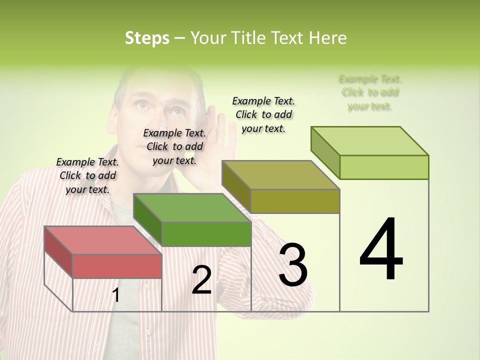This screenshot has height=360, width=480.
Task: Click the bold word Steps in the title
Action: pos(147,38)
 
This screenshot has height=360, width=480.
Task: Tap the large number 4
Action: pos(381,249)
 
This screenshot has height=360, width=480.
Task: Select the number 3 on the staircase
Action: pos(293,264)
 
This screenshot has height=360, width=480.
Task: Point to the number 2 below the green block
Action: pos(201,280)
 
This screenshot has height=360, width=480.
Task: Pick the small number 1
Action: pos(116,295)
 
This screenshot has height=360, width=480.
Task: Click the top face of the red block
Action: pos(103,240)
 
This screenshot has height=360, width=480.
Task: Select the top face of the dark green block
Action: pos(192,207)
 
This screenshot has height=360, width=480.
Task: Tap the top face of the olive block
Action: pos(281,175)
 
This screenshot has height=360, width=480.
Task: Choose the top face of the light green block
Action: pos(370,141)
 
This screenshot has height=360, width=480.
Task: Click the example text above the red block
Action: pos(87,175)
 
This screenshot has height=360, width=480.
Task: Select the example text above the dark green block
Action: pos(174,146)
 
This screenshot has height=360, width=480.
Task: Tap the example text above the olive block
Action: pos(263,114)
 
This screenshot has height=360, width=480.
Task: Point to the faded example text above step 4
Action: pos(370,92)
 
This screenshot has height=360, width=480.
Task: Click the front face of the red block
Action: pos(117,265)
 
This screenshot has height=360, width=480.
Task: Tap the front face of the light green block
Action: pos(384,167)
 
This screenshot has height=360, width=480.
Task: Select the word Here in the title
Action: pos(328,38)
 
